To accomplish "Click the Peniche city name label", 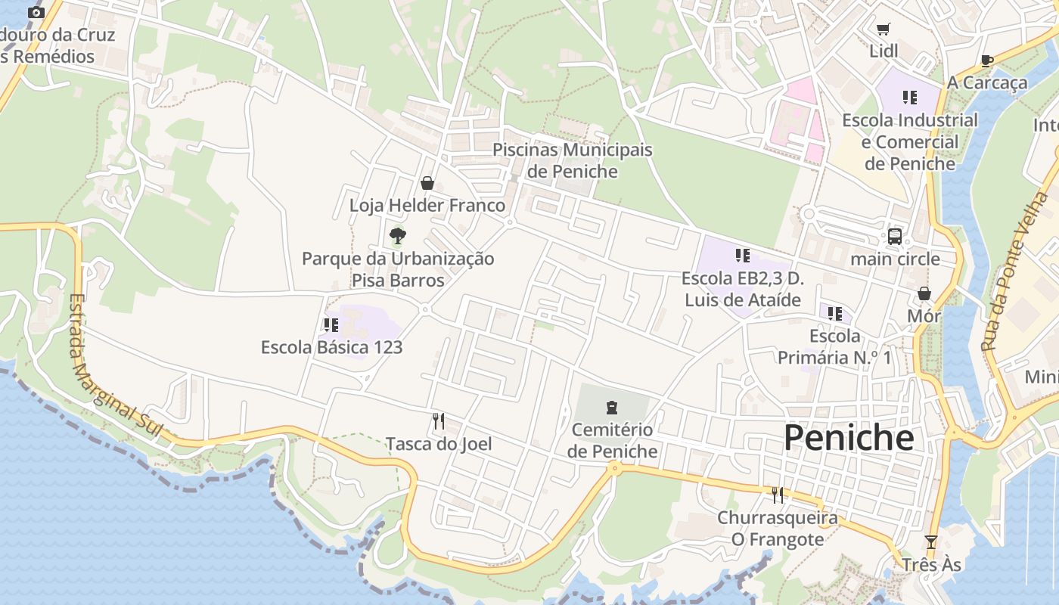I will coord(848,438).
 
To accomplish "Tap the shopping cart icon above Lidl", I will coord(884,29).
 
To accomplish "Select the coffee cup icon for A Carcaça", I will coord(986,60).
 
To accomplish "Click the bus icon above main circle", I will coord(894,237).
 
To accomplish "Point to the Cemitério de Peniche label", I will coord(612,440).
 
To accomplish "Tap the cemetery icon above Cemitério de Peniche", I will coord(612,408).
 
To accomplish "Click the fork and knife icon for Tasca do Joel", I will coord(439,421).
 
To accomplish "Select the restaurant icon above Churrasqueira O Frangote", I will coord(777,495).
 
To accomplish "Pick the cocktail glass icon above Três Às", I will coord(931,542).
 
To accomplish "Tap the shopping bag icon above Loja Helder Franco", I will coord(427,183).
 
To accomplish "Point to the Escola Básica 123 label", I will coord(331,348).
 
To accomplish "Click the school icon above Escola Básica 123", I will coord(331,325).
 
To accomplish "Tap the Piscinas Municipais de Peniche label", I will coord(572,160).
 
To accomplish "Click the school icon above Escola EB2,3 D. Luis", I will coord(742,256).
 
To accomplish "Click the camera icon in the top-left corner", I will coord(36,13).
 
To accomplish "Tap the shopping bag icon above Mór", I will coord(924,293).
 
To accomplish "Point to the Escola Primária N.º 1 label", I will coord(834,346).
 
